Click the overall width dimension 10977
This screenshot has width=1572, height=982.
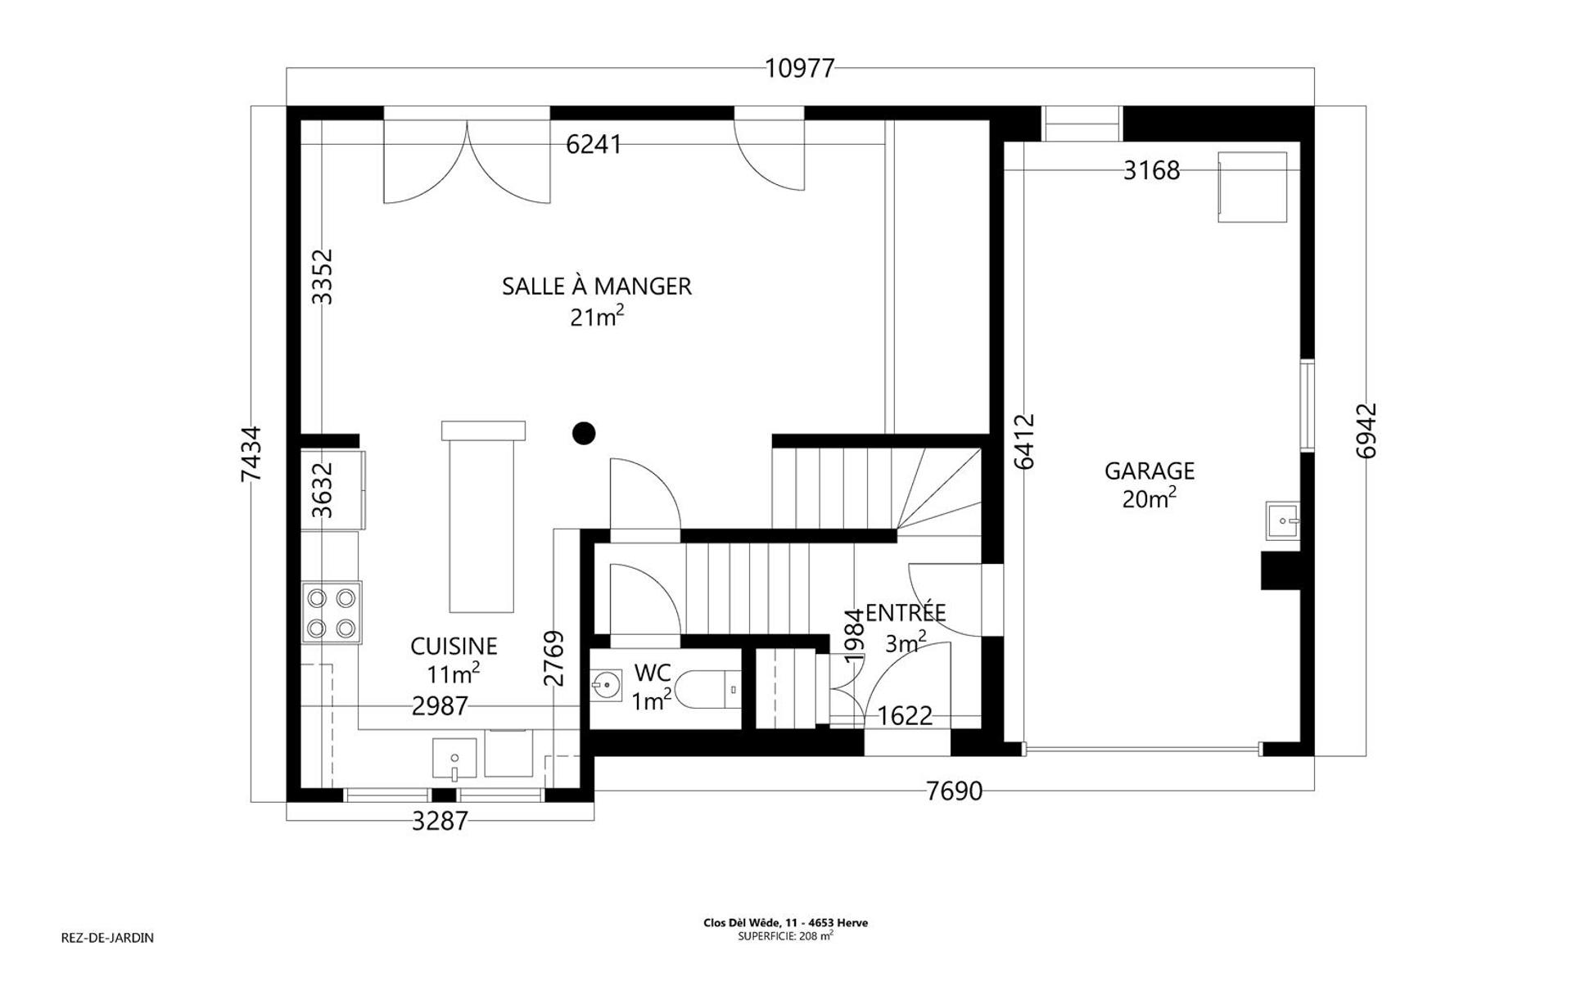tap(799, 68)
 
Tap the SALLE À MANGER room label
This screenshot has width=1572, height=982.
tap(597, 286)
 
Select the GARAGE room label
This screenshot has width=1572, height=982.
tap(1150, 471)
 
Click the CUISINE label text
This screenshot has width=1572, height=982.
tap(454, 646)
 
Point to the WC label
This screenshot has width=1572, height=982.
tap(653, 673)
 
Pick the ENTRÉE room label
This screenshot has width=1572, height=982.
tap(906, 613)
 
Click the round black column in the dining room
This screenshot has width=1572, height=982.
tap(584, 433)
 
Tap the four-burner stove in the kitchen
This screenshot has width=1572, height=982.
tap(332, 613)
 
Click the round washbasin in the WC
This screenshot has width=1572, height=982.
tap(606, 681)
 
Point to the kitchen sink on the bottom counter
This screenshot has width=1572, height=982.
tap(454, 758)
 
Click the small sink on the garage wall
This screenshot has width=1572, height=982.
tap(1282, 520)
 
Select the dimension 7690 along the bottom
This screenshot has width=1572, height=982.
tap(954, 791)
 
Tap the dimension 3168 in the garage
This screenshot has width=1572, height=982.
tap(1151, 170)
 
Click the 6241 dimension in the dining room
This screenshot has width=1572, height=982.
tap(594, 145)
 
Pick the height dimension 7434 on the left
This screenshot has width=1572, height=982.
tap(251, 454)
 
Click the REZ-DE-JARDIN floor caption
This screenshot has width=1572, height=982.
tap(107, 938)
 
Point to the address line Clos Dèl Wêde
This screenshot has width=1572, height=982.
tap(785, 923)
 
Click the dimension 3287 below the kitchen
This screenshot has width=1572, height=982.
tap(440, 821)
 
